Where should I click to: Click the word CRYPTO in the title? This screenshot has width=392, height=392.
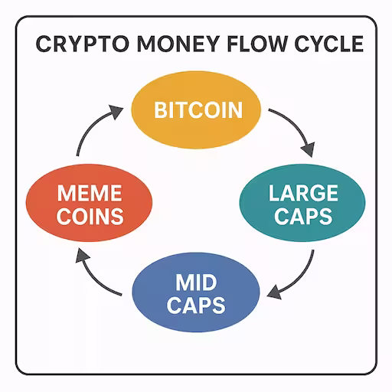tap(83, 44)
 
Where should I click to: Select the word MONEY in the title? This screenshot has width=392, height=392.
tap(178, 44)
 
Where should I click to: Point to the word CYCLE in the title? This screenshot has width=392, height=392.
tap(329, 44)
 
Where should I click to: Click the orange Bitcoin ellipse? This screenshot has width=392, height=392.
tap(196, 109)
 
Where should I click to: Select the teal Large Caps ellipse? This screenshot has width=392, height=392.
tap(302, 203)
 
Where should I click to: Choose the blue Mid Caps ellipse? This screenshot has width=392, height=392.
tap(196, 292)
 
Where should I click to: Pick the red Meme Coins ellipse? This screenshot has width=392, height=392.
tap(89, 203)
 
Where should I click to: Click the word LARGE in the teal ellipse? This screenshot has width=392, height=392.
tap(303, 193)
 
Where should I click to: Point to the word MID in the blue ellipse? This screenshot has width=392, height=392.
tap(196, 283)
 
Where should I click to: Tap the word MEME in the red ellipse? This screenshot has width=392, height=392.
tap(90, 193)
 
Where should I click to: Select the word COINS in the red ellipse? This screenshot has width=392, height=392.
tap(90, 217)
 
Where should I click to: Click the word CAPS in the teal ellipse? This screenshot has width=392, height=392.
tap(303, 217)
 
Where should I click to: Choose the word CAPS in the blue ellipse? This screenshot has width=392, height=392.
tap(196, 305)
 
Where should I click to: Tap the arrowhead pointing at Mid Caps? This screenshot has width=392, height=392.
tap(274, 292)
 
